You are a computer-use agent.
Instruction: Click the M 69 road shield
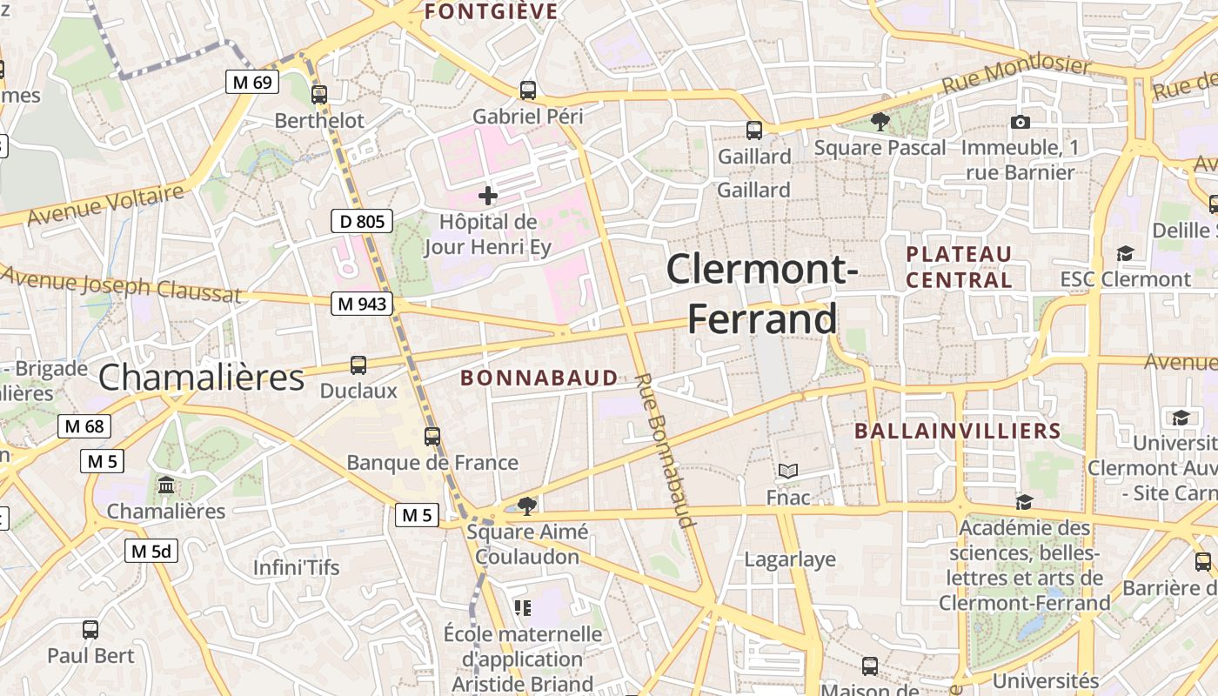pos(252,83)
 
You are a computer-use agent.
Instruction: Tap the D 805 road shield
pos(362,221)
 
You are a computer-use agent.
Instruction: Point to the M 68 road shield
pos(84,426)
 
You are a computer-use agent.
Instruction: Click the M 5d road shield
pos(151,551)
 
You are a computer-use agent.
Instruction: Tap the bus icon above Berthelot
pos(319,95)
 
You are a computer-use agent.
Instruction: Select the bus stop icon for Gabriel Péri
pos(527,90)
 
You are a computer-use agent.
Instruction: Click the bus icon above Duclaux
pos(358,365)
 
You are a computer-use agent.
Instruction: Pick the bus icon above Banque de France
pos(432,437)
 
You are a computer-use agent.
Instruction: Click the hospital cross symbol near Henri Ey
pos(488,196)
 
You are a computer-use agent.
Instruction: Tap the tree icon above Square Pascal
pos(880,122)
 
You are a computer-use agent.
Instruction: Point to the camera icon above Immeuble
pos(1021,122)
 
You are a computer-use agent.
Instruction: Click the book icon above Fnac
pos(787,472)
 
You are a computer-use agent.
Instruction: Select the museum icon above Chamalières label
pos(166,485)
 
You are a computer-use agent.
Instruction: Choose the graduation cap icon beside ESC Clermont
pos(1125,253)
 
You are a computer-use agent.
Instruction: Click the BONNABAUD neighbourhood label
pos(539,378)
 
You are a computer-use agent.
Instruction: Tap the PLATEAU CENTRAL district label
pos(959,267)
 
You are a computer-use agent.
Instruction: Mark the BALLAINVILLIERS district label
pos(958,431)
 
